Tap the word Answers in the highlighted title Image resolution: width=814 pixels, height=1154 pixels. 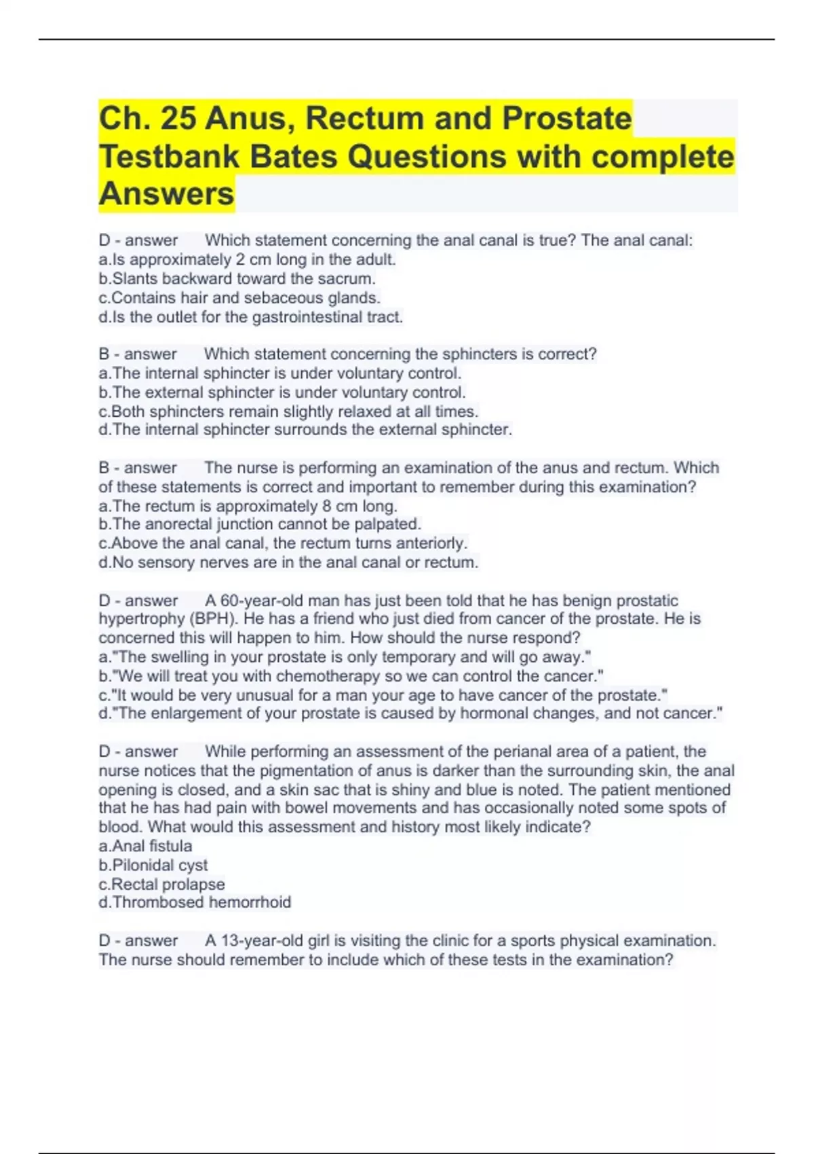pyautogui.click(x=166, y=194)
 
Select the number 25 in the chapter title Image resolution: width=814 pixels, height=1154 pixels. pyautogui.click(x=178, y=118)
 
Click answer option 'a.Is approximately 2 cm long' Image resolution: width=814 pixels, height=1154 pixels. pyautogui.click(x=247, y=259)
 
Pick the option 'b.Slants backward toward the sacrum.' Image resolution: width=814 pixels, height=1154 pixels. pyautogui.click(x=237, y=278)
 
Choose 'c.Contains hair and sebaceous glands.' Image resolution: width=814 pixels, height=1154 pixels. pyautogui.click(x=239, y=297)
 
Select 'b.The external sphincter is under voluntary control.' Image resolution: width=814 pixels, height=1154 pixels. pyautogui.click(x=282, y=392)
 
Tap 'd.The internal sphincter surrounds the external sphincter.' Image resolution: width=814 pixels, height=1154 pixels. pyautogui.click(x=305, y=430)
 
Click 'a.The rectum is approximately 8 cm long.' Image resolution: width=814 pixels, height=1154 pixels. pyautogui.click(x=248, y=506)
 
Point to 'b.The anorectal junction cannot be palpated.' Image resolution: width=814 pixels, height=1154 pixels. pyautogui.click(x=260, y=524)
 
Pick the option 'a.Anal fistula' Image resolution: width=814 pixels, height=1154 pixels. pyautogui.click(x=145, y=846)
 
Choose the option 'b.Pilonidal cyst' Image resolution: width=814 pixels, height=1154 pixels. pyautogui.click(x=153, y=865)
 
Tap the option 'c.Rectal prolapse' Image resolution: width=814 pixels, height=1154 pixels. pyautogui.click(x=161, y=884)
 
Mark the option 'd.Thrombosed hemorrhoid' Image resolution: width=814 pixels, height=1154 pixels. pyautogui.click(x=195, y=902)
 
